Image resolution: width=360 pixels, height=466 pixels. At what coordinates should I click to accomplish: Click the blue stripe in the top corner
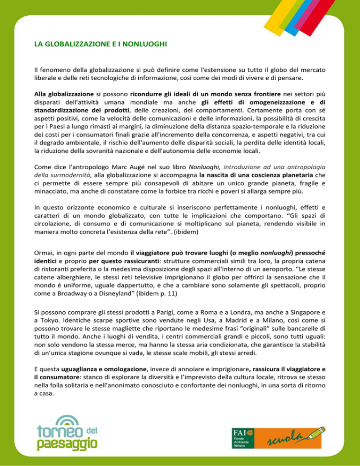pos(314,14)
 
